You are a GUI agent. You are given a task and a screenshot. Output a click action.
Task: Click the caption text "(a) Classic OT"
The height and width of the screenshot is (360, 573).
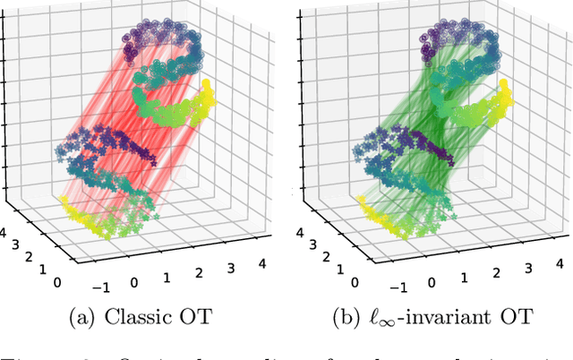point(142,317)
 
